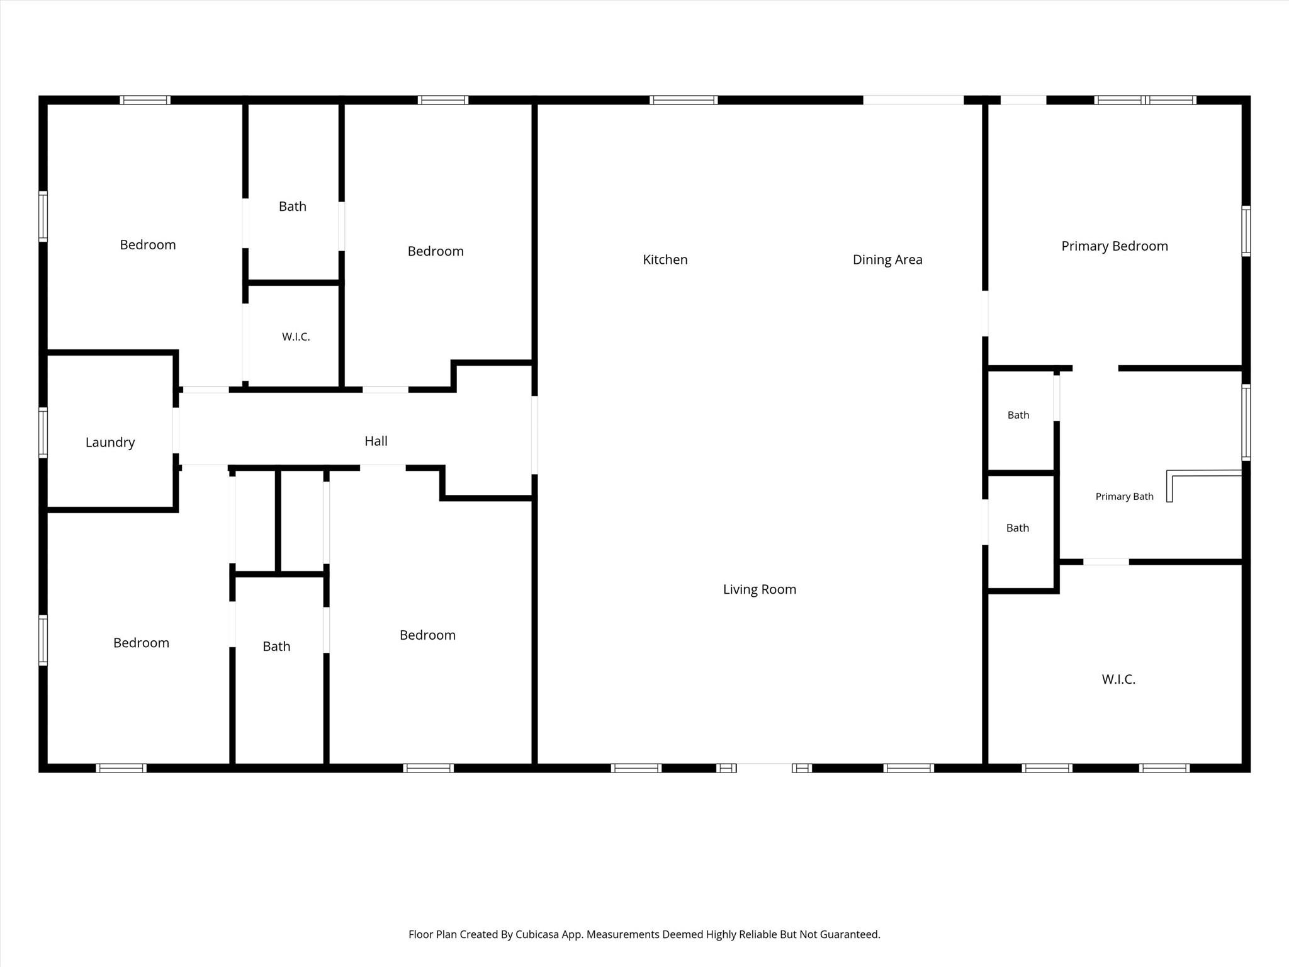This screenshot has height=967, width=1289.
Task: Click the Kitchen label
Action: click(x=665, y=259)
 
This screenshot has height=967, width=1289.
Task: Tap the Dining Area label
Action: click(x=887, y=259)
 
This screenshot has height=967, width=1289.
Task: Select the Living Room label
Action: click(x=760, y=589)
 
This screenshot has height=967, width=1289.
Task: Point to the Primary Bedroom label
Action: click(x=1115, y=246)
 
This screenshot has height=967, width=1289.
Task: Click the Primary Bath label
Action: click(x=1125, y=497)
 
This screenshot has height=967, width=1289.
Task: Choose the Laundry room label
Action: click(x=110, y=443)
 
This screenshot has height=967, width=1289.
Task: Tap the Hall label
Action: click(x=376, y=441)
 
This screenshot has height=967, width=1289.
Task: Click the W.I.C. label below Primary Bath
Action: click(x=1118, y=679)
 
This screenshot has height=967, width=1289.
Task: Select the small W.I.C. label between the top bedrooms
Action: click(x=296, y=337)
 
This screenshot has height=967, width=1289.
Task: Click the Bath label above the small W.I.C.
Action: click(x=293, y=206)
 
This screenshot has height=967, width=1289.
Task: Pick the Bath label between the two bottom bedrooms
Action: click(x=276, y=647)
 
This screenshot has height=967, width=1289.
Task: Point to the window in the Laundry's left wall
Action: click(x=43, y=432)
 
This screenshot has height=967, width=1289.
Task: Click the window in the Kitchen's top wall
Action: click(x=684, y=100)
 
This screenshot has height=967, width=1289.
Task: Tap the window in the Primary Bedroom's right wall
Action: click(x=1246, y=230)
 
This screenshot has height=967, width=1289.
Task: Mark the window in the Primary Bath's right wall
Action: click(x=1246, y=422)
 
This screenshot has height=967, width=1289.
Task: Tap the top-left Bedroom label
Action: click(x=148, y=245)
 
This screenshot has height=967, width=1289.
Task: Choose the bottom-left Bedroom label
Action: click(x=141, y=643)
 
